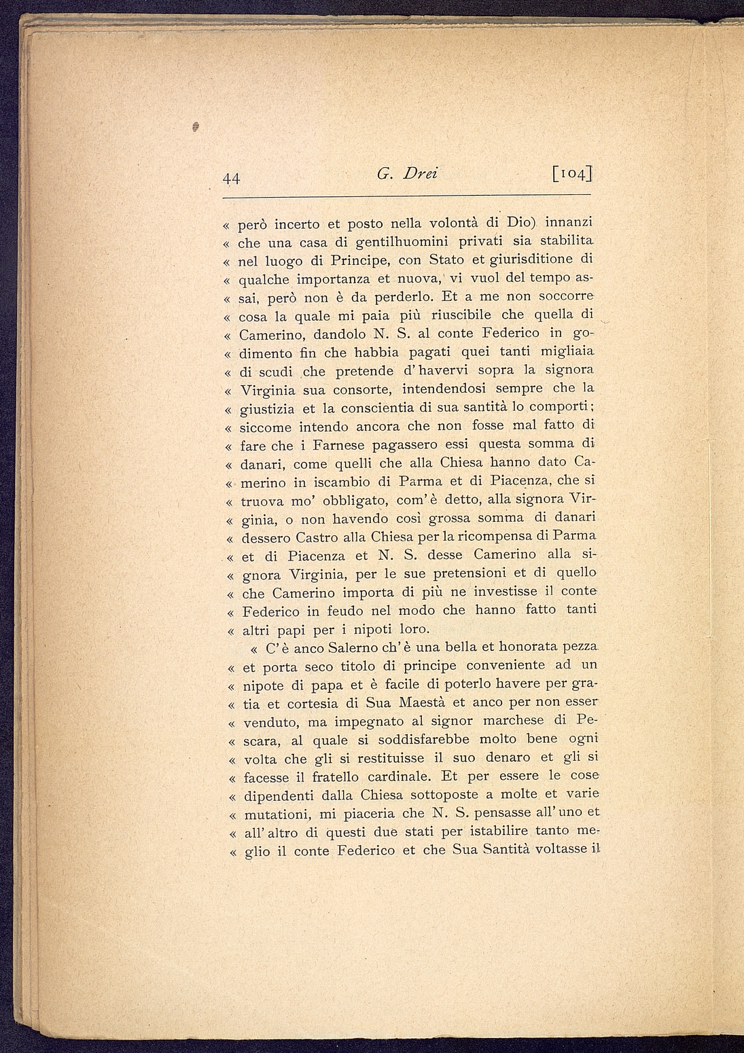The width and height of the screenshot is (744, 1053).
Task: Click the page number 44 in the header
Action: tap(232, 179)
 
